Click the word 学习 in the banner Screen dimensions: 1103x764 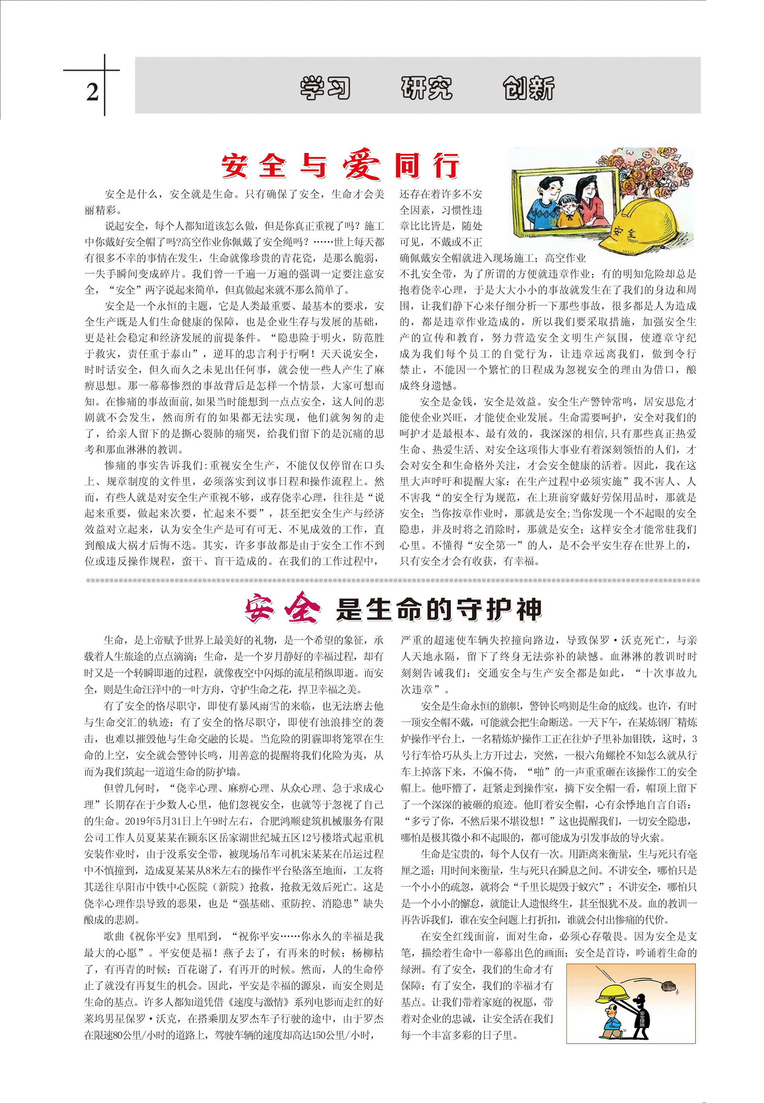325,88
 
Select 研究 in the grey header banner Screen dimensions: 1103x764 427,88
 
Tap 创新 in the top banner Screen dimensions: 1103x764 528,88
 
